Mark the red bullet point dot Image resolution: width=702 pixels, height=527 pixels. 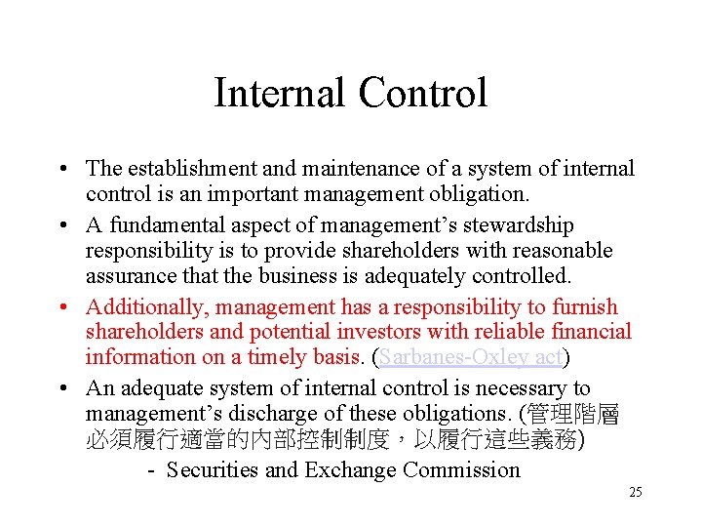tap(62, 306)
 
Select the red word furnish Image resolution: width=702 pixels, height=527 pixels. tap(585, 306)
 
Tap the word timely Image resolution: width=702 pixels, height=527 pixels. tap(254, 358)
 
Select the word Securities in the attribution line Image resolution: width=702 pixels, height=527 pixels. tap(212, 470)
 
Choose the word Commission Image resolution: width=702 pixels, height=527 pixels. tap(461, 470)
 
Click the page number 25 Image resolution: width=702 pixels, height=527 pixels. tap(636, 493)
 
